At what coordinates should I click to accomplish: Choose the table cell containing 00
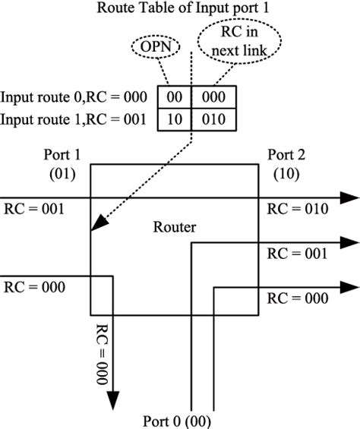coord(174,97)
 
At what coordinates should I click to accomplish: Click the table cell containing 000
coord(214,97)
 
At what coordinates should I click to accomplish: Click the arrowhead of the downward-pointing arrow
coord(115,402)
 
